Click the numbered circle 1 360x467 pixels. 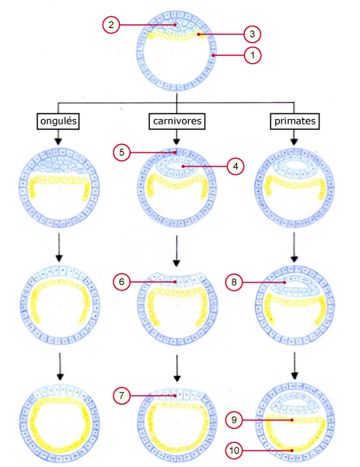(253, 55)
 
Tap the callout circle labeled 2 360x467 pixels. (111, 25)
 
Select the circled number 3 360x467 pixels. (252, 34)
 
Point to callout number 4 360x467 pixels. (236, 167)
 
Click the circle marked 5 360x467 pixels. (122, 153)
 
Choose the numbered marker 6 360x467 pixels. (122, 282)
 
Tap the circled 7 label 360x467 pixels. (122, 395)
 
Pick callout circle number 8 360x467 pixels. (234, 282)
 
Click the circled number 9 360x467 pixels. (234, 420)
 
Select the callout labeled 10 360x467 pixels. (234, 451)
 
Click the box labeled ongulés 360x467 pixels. (58, 121)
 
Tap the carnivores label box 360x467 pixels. (177, 121)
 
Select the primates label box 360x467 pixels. (295, 121)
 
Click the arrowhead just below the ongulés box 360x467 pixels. (58, 142)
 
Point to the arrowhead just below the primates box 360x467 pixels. (294, 142)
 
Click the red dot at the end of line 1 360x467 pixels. (213, 55)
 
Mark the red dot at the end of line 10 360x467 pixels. (292, 451)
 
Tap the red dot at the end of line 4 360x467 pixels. (183, 167)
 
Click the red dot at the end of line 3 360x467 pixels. (198, 34)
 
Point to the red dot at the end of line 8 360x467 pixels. (285, 282)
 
